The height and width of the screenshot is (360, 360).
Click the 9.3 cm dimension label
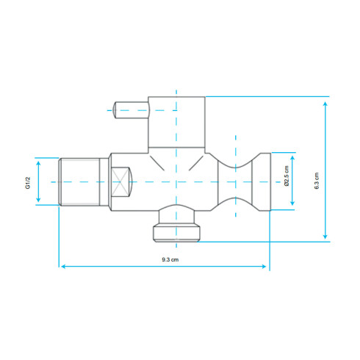coord(170,259)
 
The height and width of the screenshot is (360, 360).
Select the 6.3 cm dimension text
coord(317,181)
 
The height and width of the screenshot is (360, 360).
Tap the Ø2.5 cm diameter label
coord(287,176)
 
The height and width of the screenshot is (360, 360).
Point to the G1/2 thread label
coord(28,183)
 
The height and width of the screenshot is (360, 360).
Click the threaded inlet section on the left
coord(79,181)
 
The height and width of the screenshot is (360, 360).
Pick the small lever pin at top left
coord(131,110)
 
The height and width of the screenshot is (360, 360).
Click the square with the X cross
coord(120,181)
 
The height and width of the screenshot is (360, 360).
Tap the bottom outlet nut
coord(176,234)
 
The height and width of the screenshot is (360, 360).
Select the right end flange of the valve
coord(265,181)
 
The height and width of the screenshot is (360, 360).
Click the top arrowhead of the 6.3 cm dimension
coord(325,104)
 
